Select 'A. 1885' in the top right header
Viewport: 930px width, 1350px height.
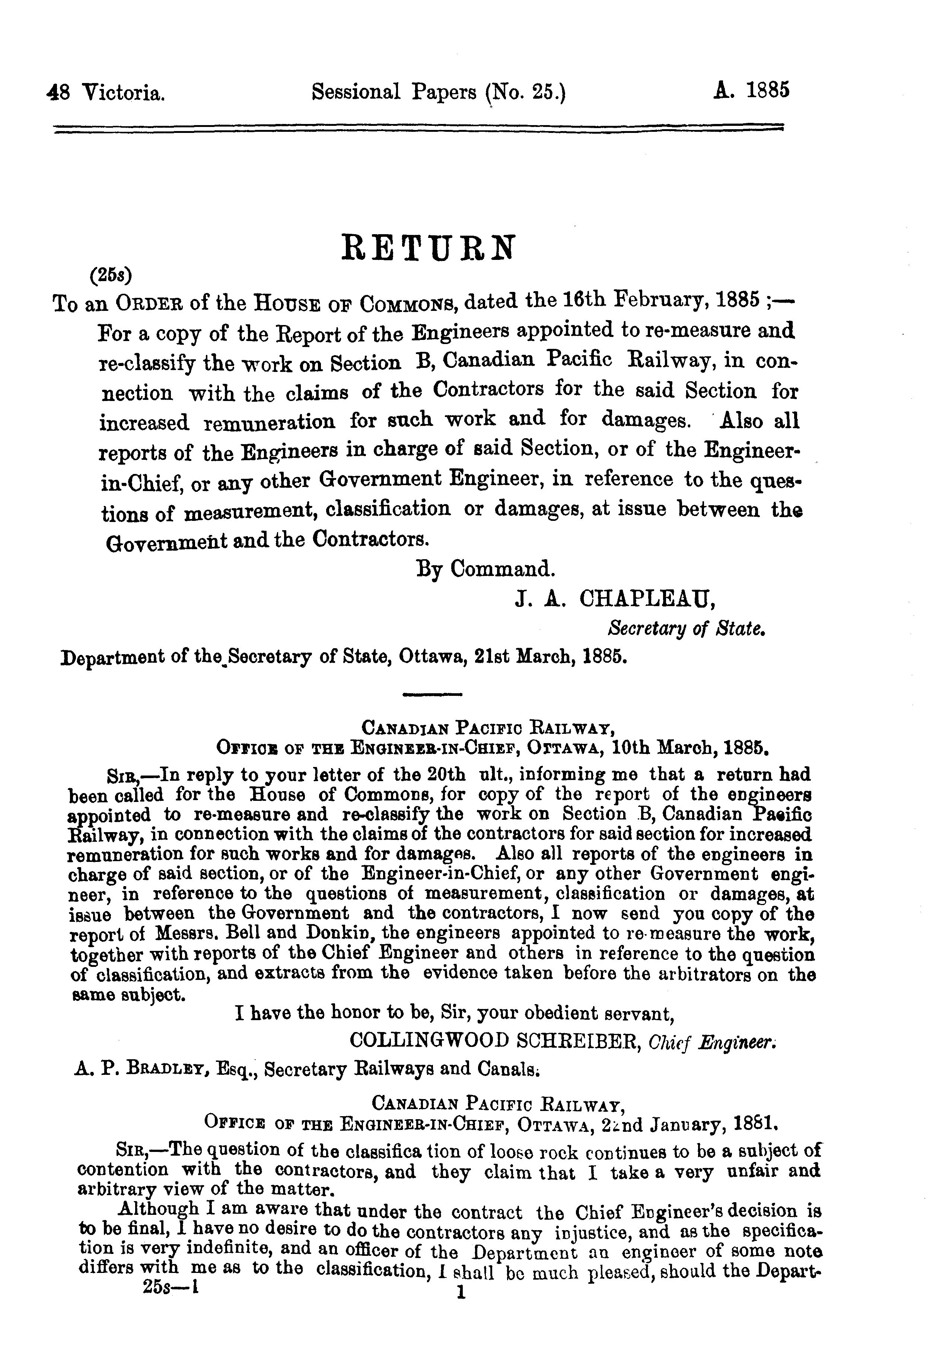coord(751,91)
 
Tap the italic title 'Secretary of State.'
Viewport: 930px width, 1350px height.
coord(685,629)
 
